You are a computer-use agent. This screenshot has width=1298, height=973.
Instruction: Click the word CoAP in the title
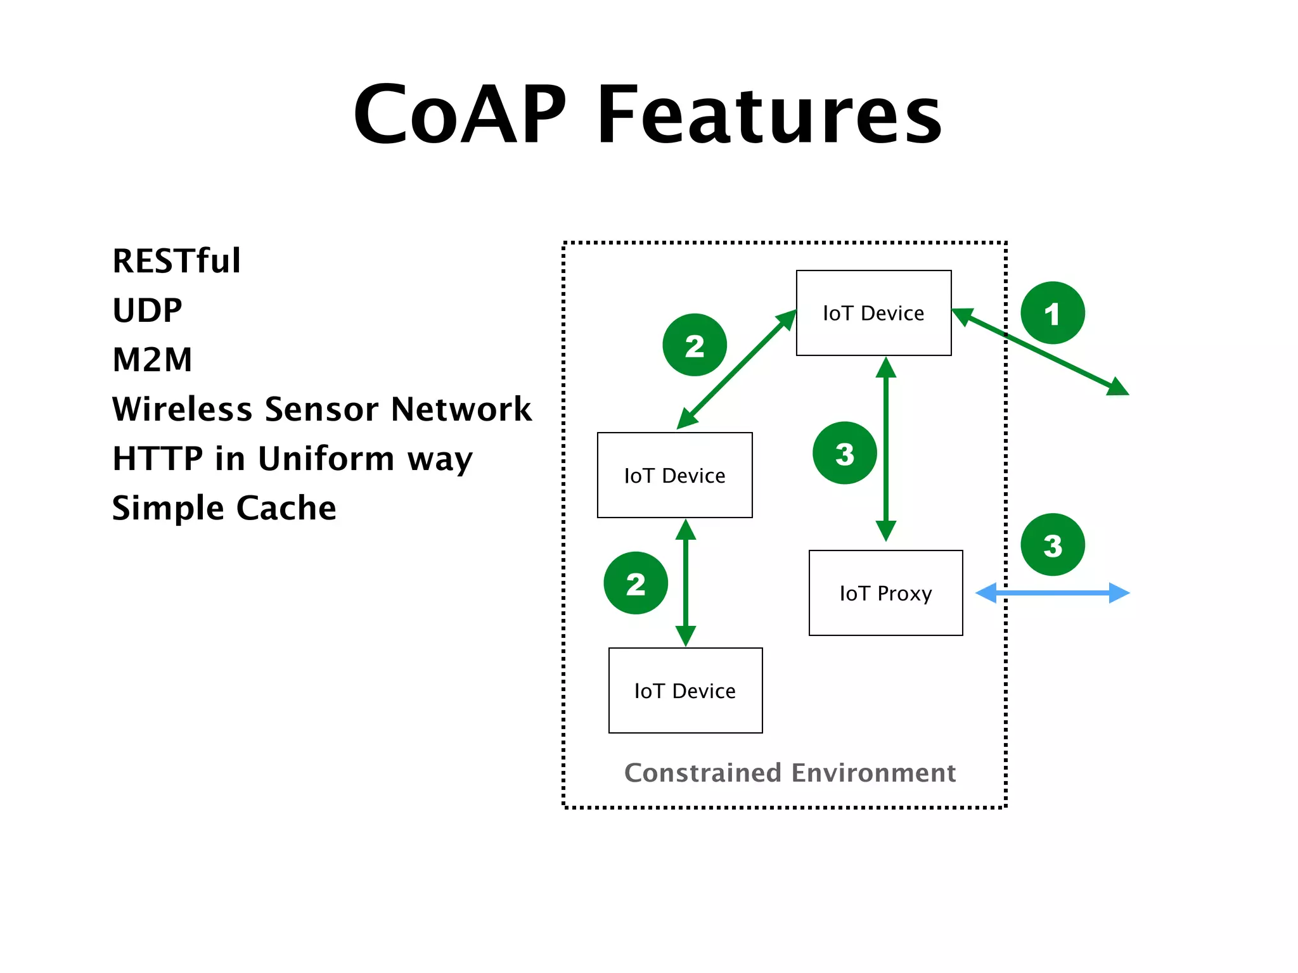(x=459, y=115)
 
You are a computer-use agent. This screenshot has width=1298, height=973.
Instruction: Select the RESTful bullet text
(x=177, y=261)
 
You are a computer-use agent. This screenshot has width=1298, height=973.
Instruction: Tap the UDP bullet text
(x=147, y=310)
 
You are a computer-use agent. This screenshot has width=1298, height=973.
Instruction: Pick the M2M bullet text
(x=152, y=360)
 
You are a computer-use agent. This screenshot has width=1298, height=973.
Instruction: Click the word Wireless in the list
(x=182, y=409)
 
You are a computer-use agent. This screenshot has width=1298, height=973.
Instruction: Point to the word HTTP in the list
(x=157, y=459)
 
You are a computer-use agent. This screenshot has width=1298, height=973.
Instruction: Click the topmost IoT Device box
(x=873, y=313)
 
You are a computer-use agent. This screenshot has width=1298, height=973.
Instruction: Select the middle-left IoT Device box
(x=674, y=475)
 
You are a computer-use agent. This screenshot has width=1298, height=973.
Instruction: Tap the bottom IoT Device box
(x=685, y=690)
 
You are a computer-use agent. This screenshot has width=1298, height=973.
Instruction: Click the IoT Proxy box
(x=885, y=593)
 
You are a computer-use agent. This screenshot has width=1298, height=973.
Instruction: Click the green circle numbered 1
(x=1052, y=313)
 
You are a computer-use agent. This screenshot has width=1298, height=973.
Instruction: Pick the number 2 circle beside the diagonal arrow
(x=695, y=345)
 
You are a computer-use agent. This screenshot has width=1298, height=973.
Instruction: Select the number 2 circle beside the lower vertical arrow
(x=636, y=583)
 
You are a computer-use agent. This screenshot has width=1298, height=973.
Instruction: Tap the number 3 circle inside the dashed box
(x=844, y=453)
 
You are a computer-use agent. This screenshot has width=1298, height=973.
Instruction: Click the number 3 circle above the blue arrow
(x=1052, y=545)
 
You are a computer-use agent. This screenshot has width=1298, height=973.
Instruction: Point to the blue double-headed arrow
(x=1052, y=593)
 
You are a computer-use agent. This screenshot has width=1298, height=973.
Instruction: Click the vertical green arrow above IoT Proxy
(x=885, y=450)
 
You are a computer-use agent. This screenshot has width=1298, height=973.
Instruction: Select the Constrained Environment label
(x=790, y=773)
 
